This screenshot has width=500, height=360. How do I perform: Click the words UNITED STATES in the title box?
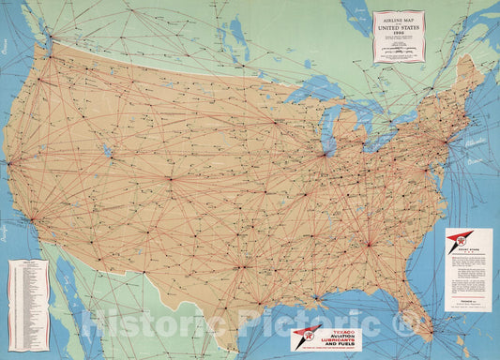click(x=399, y=28)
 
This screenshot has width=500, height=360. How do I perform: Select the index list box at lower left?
click(x=28, y=291)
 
